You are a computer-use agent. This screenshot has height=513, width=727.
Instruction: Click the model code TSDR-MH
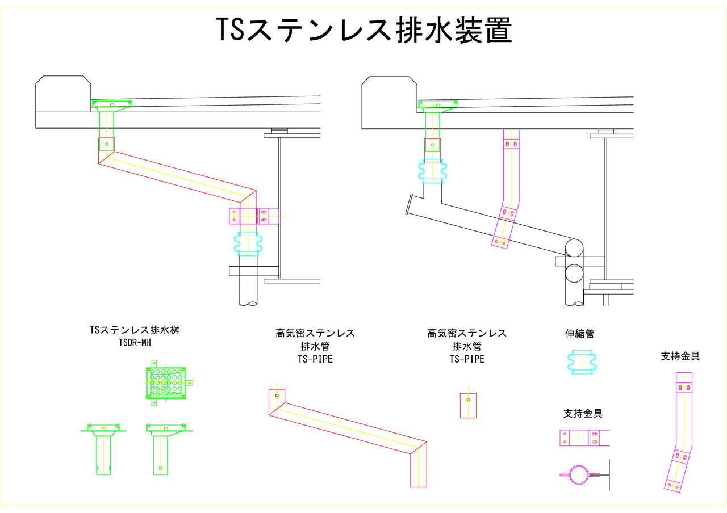point(135,342)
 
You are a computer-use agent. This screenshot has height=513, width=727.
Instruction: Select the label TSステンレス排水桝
point(135,330)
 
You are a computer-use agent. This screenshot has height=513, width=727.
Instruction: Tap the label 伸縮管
point(579,334)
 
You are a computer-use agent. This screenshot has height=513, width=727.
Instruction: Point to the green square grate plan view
point(166,383)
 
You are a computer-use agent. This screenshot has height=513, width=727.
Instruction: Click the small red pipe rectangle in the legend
point(468,405)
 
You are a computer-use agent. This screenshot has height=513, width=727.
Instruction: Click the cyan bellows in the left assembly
point(248,244)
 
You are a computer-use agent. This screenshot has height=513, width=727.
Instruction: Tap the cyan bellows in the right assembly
point(433,171)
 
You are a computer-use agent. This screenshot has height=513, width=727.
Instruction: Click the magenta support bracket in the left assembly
point(254,216)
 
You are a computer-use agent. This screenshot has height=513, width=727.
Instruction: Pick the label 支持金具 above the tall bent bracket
point(680,356)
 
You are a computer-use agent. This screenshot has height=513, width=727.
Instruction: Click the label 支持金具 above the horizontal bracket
point(583,413)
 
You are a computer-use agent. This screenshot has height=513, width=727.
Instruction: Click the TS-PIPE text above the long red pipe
point(315,359)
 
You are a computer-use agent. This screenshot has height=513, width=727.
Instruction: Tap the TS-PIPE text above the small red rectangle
point(467,359)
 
